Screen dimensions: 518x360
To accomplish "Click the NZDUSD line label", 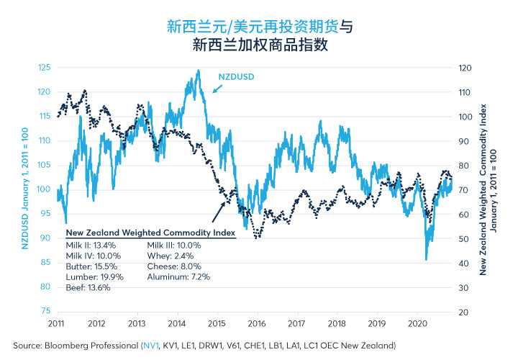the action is [x=236, y=77].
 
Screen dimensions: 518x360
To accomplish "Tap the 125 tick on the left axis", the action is [x=45, y=68].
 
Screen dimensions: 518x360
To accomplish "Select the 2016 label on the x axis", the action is [x=257, y=323].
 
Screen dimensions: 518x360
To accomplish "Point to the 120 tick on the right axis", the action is [x=465, y=68].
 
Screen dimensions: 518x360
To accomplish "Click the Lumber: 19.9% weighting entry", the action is [x=94, y=277].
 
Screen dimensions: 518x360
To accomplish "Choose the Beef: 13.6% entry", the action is [x=88, y=287].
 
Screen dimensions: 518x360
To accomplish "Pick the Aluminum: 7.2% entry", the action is [x=178, y=277].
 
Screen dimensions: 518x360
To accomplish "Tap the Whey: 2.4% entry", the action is [x=171, y=256].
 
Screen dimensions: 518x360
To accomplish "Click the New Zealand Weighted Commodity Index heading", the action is [x=150, y=233].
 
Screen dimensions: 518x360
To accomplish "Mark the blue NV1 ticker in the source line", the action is [x=151, y=346].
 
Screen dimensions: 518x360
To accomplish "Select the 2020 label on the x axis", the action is [x=417, y=323].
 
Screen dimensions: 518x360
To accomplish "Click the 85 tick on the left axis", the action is [x=45, y=262].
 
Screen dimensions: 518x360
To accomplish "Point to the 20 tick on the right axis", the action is [x=463, y=312].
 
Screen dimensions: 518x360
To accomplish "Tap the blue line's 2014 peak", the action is [x=199, y=70].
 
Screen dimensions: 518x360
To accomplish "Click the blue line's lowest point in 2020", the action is [x=426, y=259].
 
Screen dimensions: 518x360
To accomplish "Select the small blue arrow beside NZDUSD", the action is [x=217, y=89].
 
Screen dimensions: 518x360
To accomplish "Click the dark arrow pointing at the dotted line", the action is [x=219, y=212].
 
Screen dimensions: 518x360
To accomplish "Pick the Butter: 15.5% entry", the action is [x=91, y=266].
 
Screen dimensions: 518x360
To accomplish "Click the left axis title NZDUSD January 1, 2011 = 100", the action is [x=24, y=189].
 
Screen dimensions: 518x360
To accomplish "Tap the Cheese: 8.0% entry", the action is [x=174, y=266].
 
